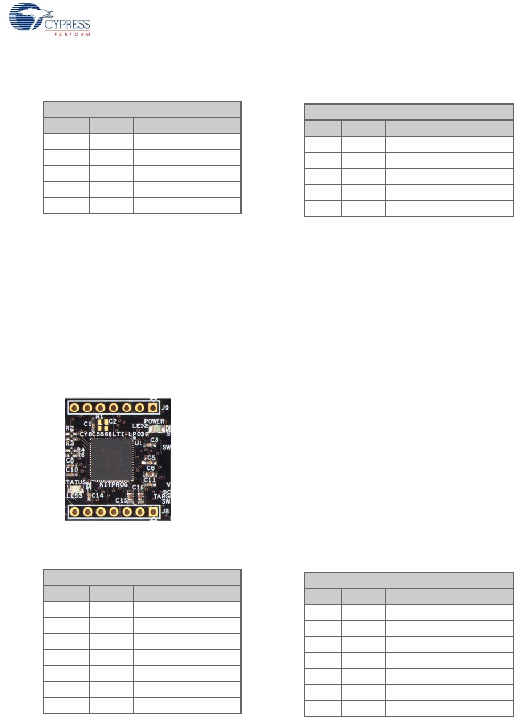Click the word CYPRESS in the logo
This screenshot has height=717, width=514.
67,25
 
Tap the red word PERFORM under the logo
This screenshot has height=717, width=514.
72,34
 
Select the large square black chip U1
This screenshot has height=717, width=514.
111,458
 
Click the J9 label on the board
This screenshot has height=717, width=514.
165,408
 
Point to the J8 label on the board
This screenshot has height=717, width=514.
165,511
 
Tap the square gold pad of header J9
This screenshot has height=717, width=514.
152,408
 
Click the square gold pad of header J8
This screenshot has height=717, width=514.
152,512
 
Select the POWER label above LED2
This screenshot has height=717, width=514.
154,421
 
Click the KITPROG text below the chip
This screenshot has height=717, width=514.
114,484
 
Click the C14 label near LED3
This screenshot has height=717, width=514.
98,495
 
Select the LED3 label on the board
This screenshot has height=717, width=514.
74,496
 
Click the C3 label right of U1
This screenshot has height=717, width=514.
154,440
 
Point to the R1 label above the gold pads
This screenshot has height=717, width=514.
100,416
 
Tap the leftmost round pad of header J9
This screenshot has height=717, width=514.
75,408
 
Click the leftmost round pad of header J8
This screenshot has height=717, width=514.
75,512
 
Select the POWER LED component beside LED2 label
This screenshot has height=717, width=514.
158,428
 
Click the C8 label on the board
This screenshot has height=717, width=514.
151,468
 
